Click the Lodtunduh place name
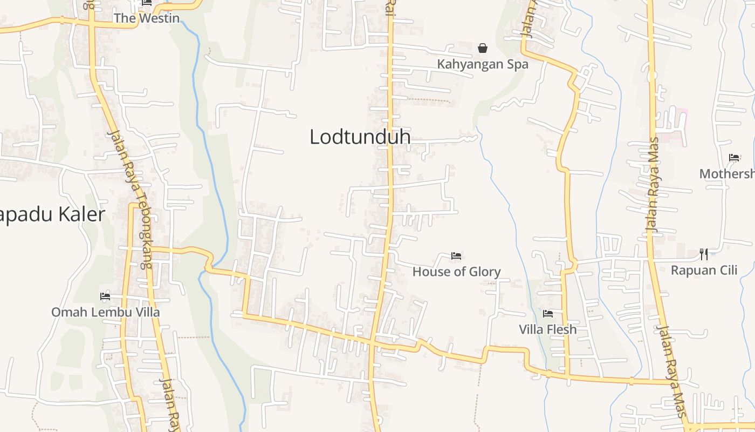(x=360, y=137)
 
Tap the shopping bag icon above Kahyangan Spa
(x=483, y=48)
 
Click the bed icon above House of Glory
(x=456, y=255)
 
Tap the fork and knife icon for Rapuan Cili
(x=704, y=254)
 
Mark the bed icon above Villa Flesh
(x=548, y=313)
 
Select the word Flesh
(x=561, y=329)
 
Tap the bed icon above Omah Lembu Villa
(x=105, y=296)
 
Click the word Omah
(x=66, y=312)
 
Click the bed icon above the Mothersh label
(x=734, y=158)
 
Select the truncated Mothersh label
(x=727, y=174)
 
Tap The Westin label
(x=146, y=18)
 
